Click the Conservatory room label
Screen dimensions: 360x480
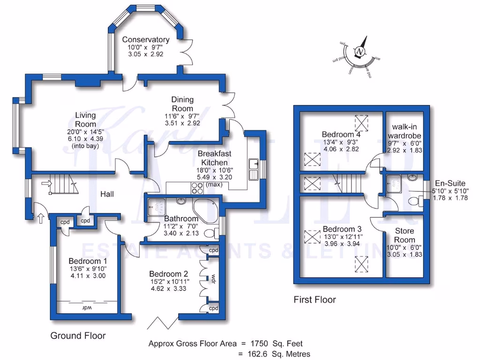(145, 39)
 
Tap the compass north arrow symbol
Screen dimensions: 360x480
(360, 51)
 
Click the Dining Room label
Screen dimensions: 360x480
(182, 104)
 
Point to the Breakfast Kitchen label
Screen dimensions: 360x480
(214, 157)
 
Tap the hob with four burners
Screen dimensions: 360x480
(196, 187)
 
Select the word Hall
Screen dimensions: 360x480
(107, 194)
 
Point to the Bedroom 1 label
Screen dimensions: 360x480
(88, 261)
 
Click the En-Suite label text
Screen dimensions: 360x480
(450, 183)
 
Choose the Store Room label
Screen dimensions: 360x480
(405, 235)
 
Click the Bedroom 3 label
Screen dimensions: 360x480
(342, 229)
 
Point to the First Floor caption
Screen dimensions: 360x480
(315, 300)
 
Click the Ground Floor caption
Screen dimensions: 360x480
(78, 336)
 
